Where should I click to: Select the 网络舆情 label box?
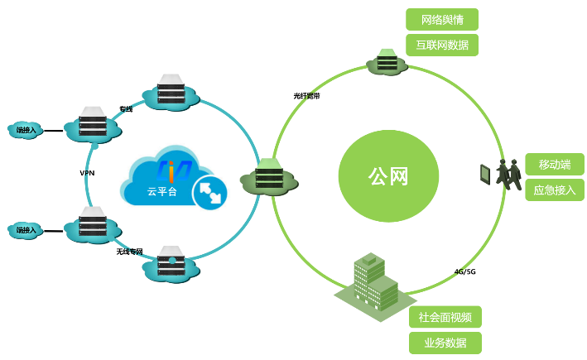tap(442, 20)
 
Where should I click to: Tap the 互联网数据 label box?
tap(442, 45)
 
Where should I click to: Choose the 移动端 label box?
tap(555, 164)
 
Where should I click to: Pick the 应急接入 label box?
tap(555, 190)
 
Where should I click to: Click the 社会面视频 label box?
tap(445, 317)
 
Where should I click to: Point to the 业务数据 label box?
tap(445, 343)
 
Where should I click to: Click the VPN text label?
tap(87, 173)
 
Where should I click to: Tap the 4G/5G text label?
tap(464, 271)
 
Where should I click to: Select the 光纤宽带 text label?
tap(306, 96)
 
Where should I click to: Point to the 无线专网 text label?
tap(129, 251)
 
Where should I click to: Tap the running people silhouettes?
tap(508, 173)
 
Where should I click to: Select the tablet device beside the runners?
tap(485, 173)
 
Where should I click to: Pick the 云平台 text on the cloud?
tap(162, 191)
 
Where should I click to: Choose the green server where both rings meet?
tap(269, 175)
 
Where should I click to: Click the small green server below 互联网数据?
tap(386, 61)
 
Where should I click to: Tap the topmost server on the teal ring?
tap(171, 91)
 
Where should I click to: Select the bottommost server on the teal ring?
tap(171, 264)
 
